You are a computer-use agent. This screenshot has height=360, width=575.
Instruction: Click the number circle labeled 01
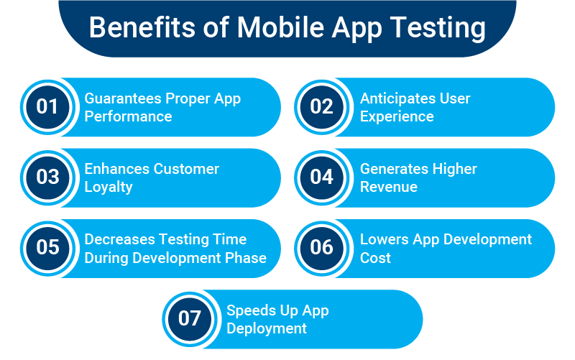pos(47,107)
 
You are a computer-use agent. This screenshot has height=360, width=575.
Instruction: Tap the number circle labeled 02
pos(321,107)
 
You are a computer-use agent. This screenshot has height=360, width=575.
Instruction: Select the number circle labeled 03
pos(47,177)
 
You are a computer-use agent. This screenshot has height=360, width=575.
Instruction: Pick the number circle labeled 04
pos(321,177)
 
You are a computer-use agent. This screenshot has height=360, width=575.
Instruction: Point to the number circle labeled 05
pos(47,248)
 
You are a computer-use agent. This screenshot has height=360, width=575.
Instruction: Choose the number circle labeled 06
pos(321,248)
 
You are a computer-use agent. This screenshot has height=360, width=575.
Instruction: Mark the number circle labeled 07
pos(190,319)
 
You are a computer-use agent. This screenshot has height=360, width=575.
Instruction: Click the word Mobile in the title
pos(280,27)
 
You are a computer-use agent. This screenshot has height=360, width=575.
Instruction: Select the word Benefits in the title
pos(142,27)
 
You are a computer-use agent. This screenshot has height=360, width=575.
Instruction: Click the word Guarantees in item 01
pos(123,98)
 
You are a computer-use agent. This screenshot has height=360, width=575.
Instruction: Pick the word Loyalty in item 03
pos(109,188)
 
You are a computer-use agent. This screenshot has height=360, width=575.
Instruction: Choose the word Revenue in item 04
pos(389,187)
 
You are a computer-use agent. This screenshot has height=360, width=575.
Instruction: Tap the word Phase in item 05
pos(246,258)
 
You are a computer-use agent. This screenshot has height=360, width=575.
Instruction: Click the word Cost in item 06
pos(375,258)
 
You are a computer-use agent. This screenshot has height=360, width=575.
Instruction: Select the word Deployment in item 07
pos(267,329)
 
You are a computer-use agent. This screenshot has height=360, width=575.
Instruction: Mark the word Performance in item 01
pos(129,116)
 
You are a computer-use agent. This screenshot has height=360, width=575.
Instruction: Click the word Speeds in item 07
pos(250,311)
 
